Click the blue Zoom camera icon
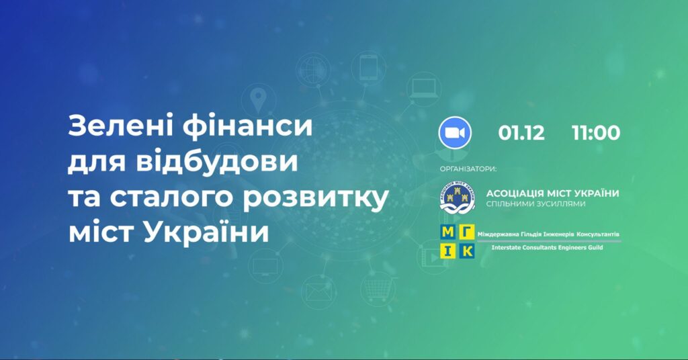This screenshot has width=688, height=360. (x=455, y=132)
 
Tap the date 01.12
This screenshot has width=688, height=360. (x=521, y=133)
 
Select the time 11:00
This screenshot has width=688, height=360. (x=596, y=133)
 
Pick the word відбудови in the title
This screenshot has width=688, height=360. (x=217, y=163)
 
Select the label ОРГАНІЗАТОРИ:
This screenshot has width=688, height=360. (x=468, y=169)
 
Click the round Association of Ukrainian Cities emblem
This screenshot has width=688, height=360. (x=457, y=198)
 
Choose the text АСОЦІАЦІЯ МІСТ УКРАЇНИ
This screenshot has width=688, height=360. (x=552, y=193)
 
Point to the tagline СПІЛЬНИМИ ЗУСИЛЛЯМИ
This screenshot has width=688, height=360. (x=535, y=204)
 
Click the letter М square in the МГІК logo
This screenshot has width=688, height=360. (x=448, y=232)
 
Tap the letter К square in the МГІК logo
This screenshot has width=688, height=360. (x=467, y=251)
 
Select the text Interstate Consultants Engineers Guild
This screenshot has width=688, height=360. (x=547, y=248)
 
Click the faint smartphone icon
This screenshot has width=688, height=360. (x=368, y=67)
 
